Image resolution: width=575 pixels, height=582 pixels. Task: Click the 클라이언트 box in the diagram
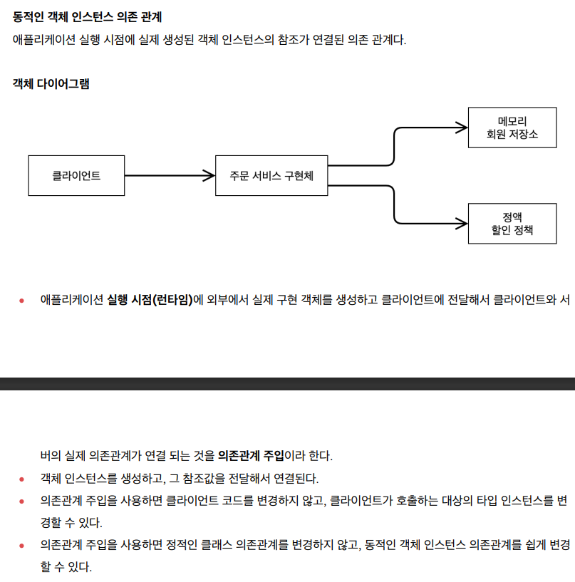(x=76, y=175)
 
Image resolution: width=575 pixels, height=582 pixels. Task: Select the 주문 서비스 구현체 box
(x=271, y=175)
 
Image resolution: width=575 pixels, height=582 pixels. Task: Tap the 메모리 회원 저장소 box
(x=512, y=127)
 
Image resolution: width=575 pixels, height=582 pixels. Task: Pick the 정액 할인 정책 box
(x=512, y=223)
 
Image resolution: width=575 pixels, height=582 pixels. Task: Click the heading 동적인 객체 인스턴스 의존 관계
(x=87, y=16)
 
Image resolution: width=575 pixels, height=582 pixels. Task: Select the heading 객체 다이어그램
(x=51, y=83)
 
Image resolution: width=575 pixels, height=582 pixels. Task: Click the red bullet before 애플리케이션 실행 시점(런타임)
(x=22, y=300)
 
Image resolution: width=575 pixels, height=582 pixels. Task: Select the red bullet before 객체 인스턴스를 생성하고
(x=22, y=478)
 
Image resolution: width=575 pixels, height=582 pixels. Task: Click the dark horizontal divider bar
(x=287, y=384)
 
